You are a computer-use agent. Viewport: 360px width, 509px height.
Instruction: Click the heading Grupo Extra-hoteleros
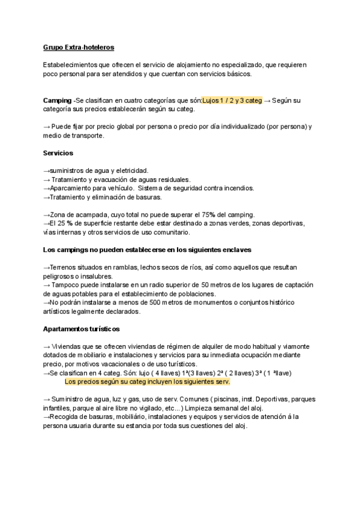(x=79, y=47)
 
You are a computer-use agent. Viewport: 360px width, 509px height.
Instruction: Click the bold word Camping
(x=57, y=100)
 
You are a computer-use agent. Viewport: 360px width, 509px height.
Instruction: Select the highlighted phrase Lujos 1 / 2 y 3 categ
(x=232, y=100)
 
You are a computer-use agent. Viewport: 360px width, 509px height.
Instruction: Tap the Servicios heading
(x=58, y=153)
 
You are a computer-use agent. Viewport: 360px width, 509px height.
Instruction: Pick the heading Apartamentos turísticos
(x=81, y=330)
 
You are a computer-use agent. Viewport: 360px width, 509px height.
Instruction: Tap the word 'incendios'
(x=236, y=188)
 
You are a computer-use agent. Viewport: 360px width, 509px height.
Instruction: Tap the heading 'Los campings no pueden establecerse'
(x=147, y=250)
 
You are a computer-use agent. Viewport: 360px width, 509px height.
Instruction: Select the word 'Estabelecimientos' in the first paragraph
(x=72, y=65)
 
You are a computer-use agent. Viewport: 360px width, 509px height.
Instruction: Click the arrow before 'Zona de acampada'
(x=47, y=215)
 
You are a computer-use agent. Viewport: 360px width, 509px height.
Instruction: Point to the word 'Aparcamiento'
(x=72, y=188)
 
